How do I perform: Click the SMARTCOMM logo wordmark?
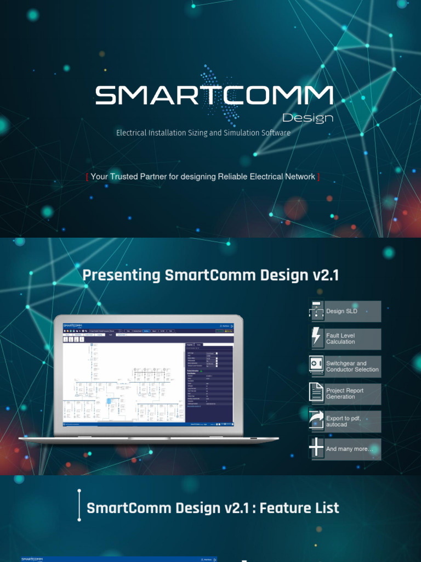(214, 95)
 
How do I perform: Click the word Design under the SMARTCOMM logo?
(308, 117)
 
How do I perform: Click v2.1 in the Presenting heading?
(326, 275)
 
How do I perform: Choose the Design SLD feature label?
(342, 311)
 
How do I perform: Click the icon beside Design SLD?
(317, 311)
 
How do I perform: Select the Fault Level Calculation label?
(340, 339)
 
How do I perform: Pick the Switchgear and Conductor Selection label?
(352, 366)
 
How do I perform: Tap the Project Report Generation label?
(345, 394)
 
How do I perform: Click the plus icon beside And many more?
(317, 448)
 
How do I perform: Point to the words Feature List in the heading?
(299, 508)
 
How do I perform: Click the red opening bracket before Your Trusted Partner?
(87, 177)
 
